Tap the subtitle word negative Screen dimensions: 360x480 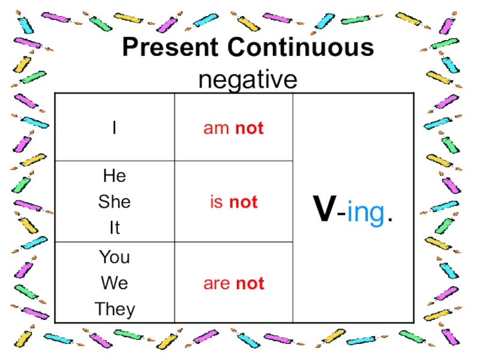(248, 79)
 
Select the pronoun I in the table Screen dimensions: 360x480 (114, 128)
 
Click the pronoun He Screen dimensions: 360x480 (114, 176)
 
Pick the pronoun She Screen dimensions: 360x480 (114, 202)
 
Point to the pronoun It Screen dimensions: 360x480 (114, 227)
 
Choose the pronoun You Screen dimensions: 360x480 (114, 257)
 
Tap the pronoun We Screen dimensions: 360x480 (114, 283)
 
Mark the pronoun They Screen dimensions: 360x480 (114, 309)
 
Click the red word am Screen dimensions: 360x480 (217, 128)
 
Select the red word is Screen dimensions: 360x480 (216, 203)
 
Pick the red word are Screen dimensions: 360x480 (217, 284)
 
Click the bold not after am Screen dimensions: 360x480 (249, 128)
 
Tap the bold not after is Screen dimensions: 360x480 (243, 203)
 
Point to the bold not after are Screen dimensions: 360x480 (250, 284)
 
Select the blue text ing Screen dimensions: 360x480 (364, 214)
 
